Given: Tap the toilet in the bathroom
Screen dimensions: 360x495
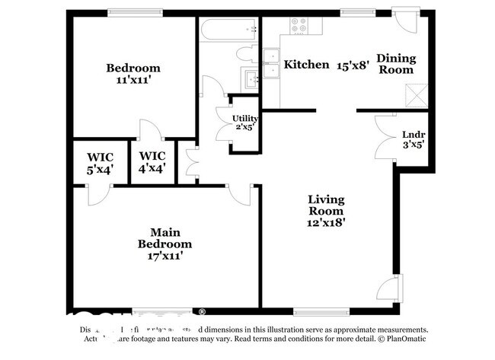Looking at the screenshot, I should tap(248, 53).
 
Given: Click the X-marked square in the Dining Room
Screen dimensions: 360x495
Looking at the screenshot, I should tap(415, 94).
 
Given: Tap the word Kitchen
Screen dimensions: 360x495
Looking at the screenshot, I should tap(306, 65).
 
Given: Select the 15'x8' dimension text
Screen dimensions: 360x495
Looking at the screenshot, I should tap(353, 65).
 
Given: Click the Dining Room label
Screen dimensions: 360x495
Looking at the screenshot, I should tap(395, 64).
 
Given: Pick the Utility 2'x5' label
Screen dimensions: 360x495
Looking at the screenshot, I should tap(245, 122).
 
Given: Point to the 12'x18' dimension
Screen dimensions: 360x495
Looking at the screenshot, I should tap(326, 223).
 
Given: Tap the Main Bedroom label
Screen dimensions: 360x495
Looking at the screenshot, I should tap(164, 238).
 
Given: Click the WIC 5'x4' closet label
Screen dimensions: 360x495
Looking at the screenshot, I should tap(100, 164).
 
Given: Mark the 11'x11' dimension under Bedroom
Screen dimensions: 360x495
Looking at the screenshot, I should tap(133, 80).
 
